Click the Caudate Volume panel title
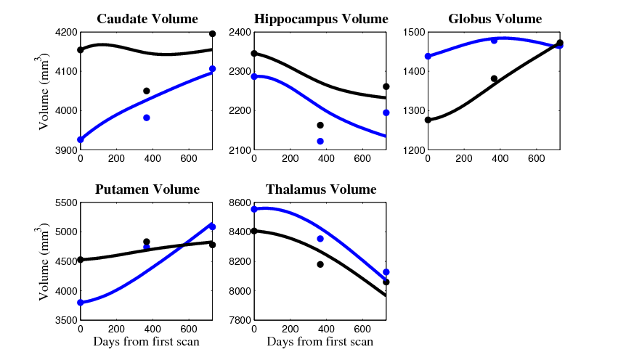point(147,19)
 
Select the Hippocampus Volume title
point(321,19)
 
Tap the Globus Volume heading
point(495,19)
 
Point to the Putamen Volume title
point(147,189)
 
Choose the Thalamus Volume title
point(321,189)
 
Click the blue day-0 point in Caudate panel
point(80,139)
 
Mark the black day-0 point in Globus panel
point(428,120)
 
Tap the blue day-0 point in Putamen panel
point(80,302)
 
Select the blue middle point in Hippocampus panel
point(320,141)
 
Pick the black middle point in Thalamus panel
point(320,264)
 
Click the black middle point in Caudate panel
point(147,91)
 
